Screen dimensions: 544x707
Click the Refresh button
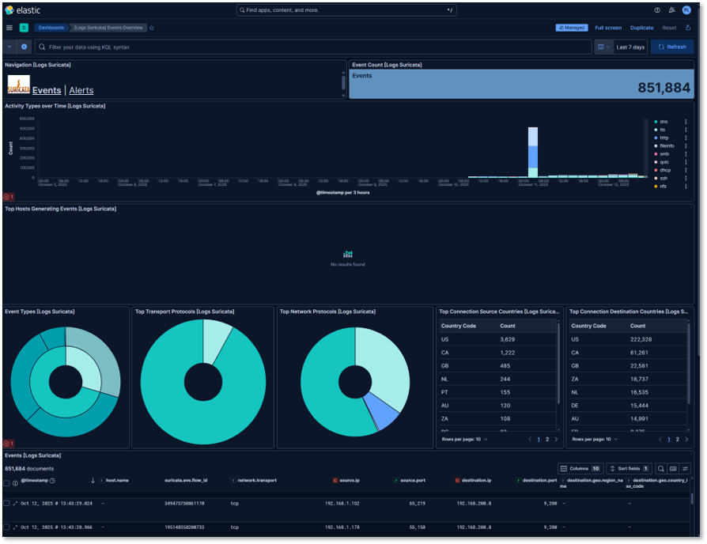point(672,47)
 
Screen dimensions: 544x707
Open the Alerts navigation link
point(81,91)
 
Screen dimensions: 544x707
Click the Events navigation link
point(47,91)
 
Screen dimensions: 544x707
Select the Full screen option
point(608,28)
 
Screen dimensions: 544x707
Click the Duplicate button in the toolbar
point(641,28)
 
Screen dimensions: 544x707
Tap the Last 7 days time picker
point(630,47)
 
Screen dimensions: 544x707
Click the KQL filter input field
point(316,47)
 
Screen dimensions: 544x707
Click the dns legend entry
point(664,121)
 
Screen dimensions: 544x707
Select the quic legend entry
point(664,161)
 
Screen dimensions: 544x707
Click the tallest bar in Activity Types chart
point(533,150)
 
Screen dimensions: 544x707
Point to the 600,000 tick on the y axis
point(26,119)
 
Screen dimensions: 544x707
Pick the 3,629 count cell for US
point(508,338)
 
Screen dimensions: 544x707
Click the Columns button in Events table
point(581,469)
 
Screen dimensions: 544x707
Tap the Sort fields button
point(629,469)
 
